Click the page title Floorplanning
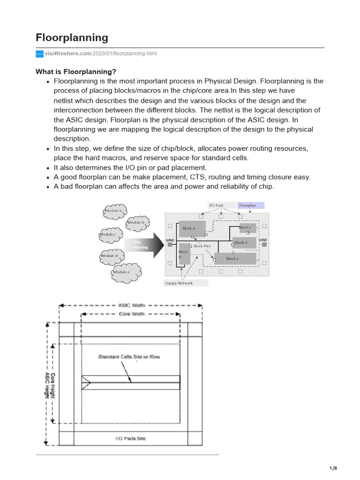pyautogui.click(x=72, y=37)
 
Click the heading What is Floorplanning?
pyautogui.click(x=75, y=71)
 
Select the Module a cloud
pyautogui.click(x=114, y=211)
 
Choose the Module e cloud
pyautogui.click(x=123, y=272)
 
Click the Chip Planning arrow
pyautogui.click(x=142, y=245)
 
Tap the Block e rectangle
pyautogui.click(x=235, y=258)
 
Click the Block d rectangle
pyautogui.click(x=244, y=243)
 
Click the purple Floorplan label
pyautogui.click(x=250, y=205)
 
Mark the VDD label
pyautogui.click(x=262, y=240)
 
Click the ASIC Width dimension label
pyautogui.click(x=130, y=305)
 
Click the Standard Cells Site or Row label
pyautogui.click(x=129, y=357)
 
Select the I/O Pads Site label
pyautogui.click(x=130, y=438)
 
